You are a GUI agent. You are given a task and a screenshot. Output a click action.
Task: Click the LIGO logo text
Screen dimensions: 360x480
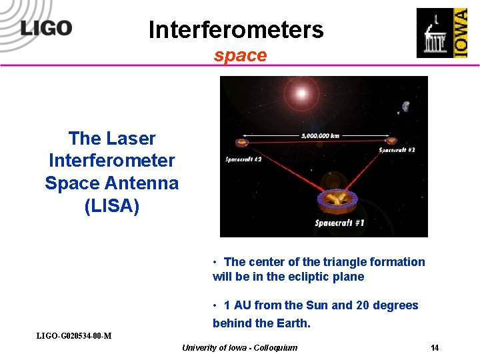click(x=46, y=27)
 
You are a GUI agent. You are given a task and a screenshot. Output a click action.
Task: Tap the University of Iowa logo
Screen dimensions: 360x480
click(x=441, y=33)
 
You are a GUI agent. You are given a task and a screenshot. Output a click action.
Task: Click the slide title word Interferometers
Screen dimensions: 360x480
click(x=235, y=30)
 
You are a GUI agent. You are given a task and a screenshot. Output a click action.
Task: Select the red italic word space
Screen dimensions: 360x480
click(x=240, y=55)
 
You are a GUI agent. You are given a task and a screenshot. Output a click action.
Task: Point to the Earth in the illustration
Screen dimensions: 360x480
click(x=405, y=106)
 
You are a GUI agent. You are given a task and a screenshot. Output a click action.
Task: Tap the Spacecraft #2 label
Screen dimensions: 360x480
click(x=243, y=159)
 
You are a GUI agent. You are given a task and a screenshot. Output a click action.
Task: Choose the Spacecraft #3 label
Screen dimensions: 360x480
click(x=397, y=151)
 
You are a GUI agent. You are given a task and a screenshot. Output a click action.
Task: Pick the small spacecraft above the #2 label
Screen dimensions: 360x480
click(x=240, y=142)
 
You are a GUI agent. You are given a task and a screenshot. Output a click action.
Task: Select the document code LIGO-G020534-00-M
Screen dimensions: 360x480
click(x=73, y=335)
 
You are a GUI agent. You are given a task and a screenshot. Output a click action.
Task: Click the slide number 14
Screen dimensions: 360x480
click(x=435, y=348)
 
